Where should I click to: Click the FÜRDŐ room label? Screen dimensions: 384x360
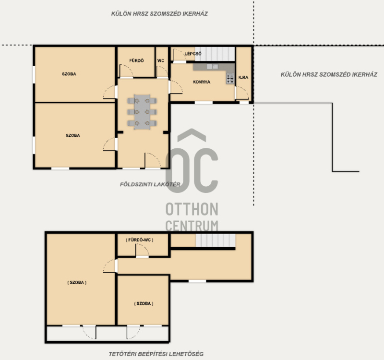point(136,60)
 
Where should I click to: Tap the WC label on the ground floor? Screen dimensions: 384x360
point(161,60)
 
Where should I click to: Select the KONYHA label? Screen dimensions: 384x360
point(201,82)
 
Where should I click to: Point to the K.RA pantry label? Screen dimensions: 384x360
point(243,77)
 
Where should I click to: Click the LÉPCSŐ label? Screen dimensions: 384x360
point(193,54)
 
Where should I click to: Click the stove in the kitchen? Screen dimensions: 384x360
point(230,78)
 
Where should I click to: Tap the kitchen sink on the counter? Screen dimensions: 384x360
point(212,66)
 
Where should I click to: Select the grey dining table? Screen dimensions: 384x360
point(142,112)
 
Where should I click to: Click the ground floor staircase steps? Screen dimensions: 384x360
point(215,54)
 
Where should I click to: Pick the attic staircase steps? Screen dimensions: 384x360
point(216,240)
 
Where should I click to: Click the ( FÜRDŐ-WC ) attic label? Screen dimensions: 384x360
point(140,240)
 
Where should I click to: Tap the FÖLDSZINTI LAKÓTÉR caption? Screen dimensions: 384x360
point(150,184)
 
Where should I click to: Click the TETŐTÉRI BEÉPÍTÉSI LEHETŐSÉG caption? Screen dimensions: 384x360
point(156,354)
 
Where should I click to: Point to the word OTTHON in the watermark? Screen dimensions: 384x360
point(192,209)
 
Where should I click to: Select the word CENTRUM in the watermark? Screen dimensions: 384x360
point(192,226)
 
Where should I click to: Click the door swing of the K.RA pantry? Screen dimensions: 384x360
point(242,93)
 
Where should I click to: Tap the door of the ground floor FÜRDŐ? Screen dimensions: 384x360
point(126,71)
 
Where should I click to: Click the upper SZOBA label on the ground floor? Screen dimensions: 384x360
point(69,74)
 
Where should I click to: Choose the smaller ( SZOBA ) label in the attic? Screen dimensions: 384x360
point(144,304)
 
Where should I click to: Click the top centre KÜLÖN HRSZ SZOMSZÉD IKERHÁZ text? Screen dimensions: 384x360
point(159,14)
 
